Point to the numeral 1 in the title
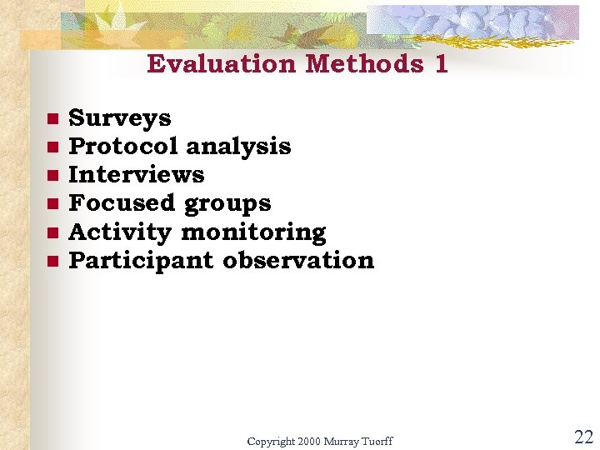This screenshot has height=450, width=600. click(441, 64)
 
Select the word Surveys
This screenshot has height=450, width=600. click(119, 118)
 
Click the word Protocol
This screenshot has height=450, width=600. click(123, 147)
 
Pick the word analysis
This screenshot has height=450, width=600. click(238, 147)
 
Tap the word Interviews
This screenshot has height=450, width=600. click(136, 175)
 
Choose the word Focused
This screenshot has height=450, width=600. click(122, 203)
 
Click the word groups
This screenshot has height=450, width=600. click(227, 204)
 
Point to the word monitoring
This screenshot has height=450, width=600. click(253, 232)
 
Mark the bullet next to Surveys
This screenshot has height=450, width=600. click(52, 119)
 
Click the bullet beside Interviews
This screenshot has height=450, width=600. click(52, 176)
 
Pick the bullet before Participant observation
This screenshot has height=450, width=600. click(52, 262)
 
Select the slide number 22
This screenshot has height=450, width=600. click(583, 437)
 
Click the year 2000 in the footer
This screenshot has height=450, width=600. click(309, 441)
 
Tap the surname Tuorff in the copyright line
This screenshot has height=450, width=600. click(376, 441)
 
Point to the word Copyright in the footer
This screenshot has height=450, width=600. click(271, 441)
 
